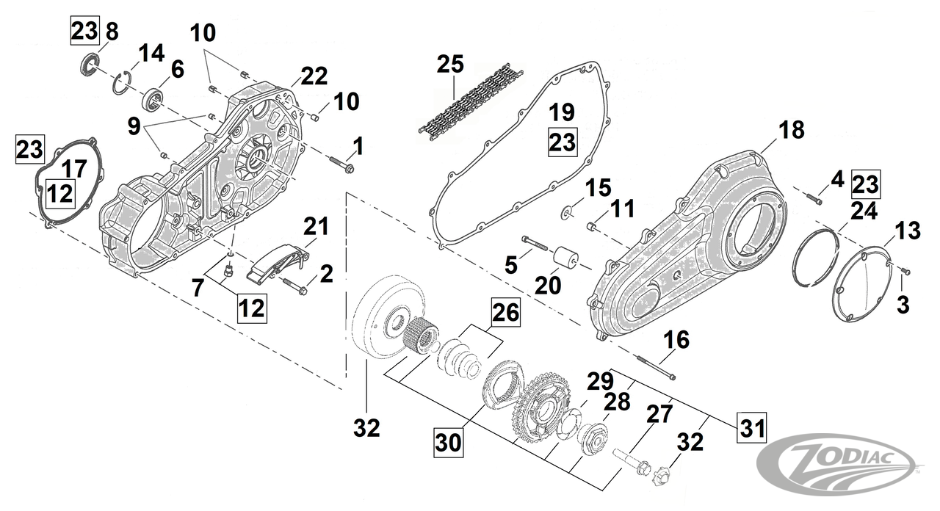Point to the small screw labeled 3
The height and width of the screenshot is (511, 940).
[905, 272]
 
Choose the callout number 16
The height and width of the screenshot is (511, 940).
[676, 339]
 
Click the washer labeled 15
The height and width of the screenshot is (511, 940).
[566, 213]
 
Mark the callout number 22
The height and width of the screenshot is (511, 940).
[314, 75]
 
